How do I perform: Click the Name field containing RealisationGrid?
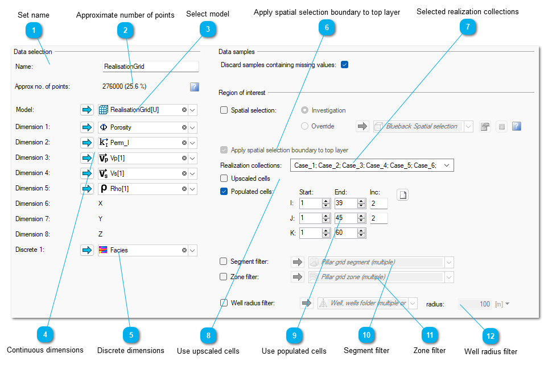click(x=151, y=67)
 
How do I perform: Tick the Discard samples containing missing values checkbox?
click(x=344, y=65)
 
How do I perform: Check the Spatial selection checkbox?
click(x=224, y=110)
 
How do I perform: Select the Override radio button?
click(x=304, y=126)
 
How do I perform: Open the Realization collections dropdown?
click(x=447, y=165)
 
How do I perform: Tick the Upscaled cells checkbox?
click(x=224, y=179)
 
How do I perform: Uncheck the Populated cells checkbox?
click(x=224, y=192)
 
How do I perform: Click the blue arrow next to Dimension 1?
click(x=86, y=127)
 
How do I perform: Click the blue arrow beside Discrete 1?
click(x=86, y=250)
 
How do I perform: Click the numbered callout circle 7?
click(x=468, y=27)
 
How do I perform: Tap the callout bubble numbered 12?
click(x=491, y=336)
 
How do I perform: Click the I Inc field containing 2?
click(x=378, y=204)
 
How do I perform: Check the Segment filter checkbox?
click(x=224, y=262)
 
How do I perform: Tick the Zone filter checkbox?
click(x=224, y=277)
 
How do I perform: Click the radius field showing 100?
click(x=475, y=304)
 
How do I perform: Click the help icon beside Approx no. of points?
click(x=195, y=86)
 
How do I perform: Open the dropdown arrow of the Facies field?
click(x=192, y=250)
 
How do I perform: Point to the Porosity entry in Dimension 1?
click(x=121, y=127)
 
